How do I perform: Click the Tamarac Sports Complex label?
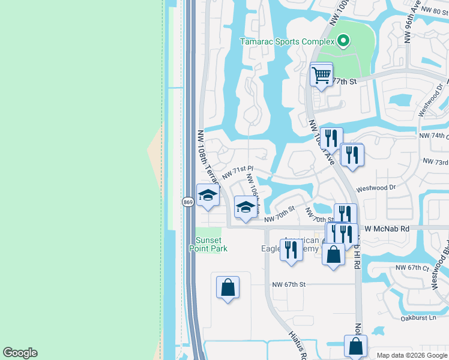(x=286, y=42)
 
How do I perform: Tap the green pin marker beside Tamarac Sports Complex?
(x=343, y=41)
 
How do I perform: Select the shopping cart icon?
(x=321, y=76)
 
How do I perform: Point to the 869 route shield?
(x=188, y=202)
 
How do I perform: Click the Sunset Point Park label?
(x=208, y=244)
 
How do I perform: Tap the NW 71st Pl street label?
(x=238, y=173)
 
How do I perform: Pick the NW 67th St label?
(x=289, y=284)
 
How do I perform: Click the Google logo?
(x=20, y=353)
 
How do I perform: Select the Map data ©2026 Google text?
(x=411, y=355)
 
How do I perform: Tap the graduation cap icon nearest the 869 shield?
(x=208, y=196)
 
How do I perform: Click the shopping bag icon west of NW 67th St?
(x=228, y=288)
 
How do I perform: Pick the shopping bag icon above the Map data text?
(x=355, y=346)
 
